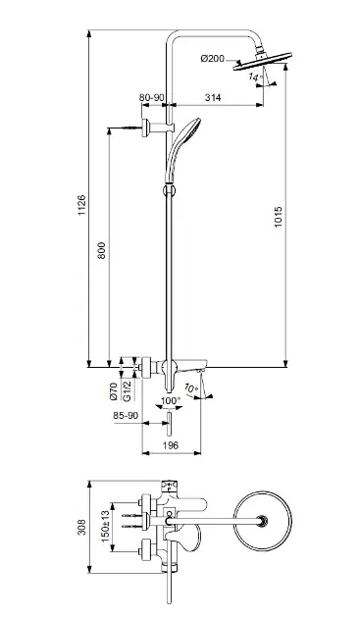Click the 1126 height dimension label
pos(81,205)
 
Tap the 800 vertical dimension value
pos(101,250)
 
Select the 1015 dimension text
pos(278,217)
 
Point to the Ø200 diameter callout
pos(212,59)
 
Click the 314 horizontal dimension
pos(213,97)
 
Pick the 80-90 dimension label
pos(152,97)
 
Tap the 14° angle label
pos(255,77)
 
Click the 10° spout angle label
pos(191,388)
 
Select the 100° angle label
pos(170,400)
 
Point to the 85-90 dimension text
pos(125,415)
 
